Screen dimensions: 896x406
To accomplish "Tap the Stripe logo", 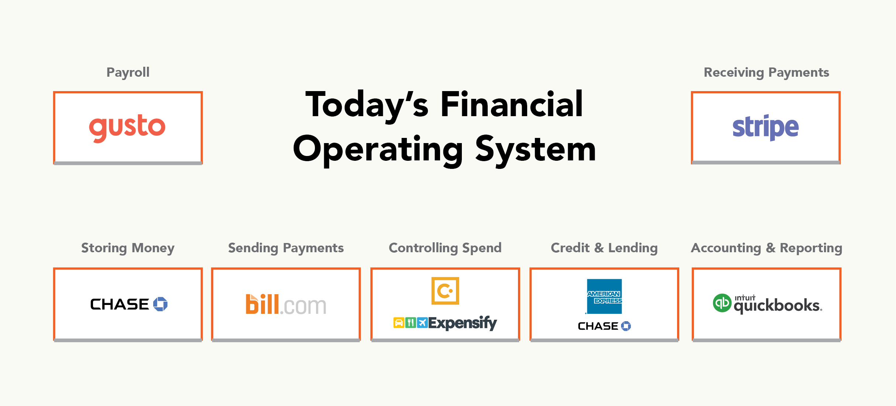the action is [765, 127].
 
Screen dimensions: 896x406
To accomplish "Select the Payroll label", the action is [128, 73].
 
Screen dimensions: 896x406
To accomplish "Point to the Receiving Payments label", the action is [766, 73].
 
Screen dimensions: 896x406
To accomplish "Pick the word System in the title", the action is [535, 149].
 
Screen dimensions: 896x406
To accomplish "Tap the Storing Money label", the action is [128, 248].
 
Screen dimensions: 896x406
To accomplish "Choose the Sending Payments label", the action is [286, 248].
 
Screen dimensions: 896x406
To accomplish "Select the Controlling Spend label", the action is [445, 248].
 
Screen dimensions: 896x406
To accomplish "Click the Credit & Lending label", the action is [604, 248].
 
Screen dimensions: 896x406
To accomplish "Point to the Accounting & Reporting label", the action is [766, 248].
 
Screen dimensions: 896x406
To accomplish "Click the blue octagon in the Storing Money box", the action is [160, 304].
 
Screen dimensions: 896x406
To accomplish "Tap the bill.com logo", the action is [286, 305].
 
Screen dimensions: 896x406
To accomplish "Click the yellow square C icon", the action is [445, 291].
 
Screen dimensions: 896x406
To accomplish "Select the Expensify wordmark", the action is [463, 323].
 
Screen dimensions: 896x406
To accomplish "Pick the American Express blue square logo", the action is [604, 296].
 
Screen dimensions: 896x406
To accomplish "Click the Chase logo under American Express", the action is [604, 326].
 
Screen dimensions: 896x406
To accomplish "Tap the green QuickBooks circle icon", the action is [722, 303].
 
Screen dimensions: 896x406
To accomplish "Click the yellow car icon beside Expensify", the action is [399, 323].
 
